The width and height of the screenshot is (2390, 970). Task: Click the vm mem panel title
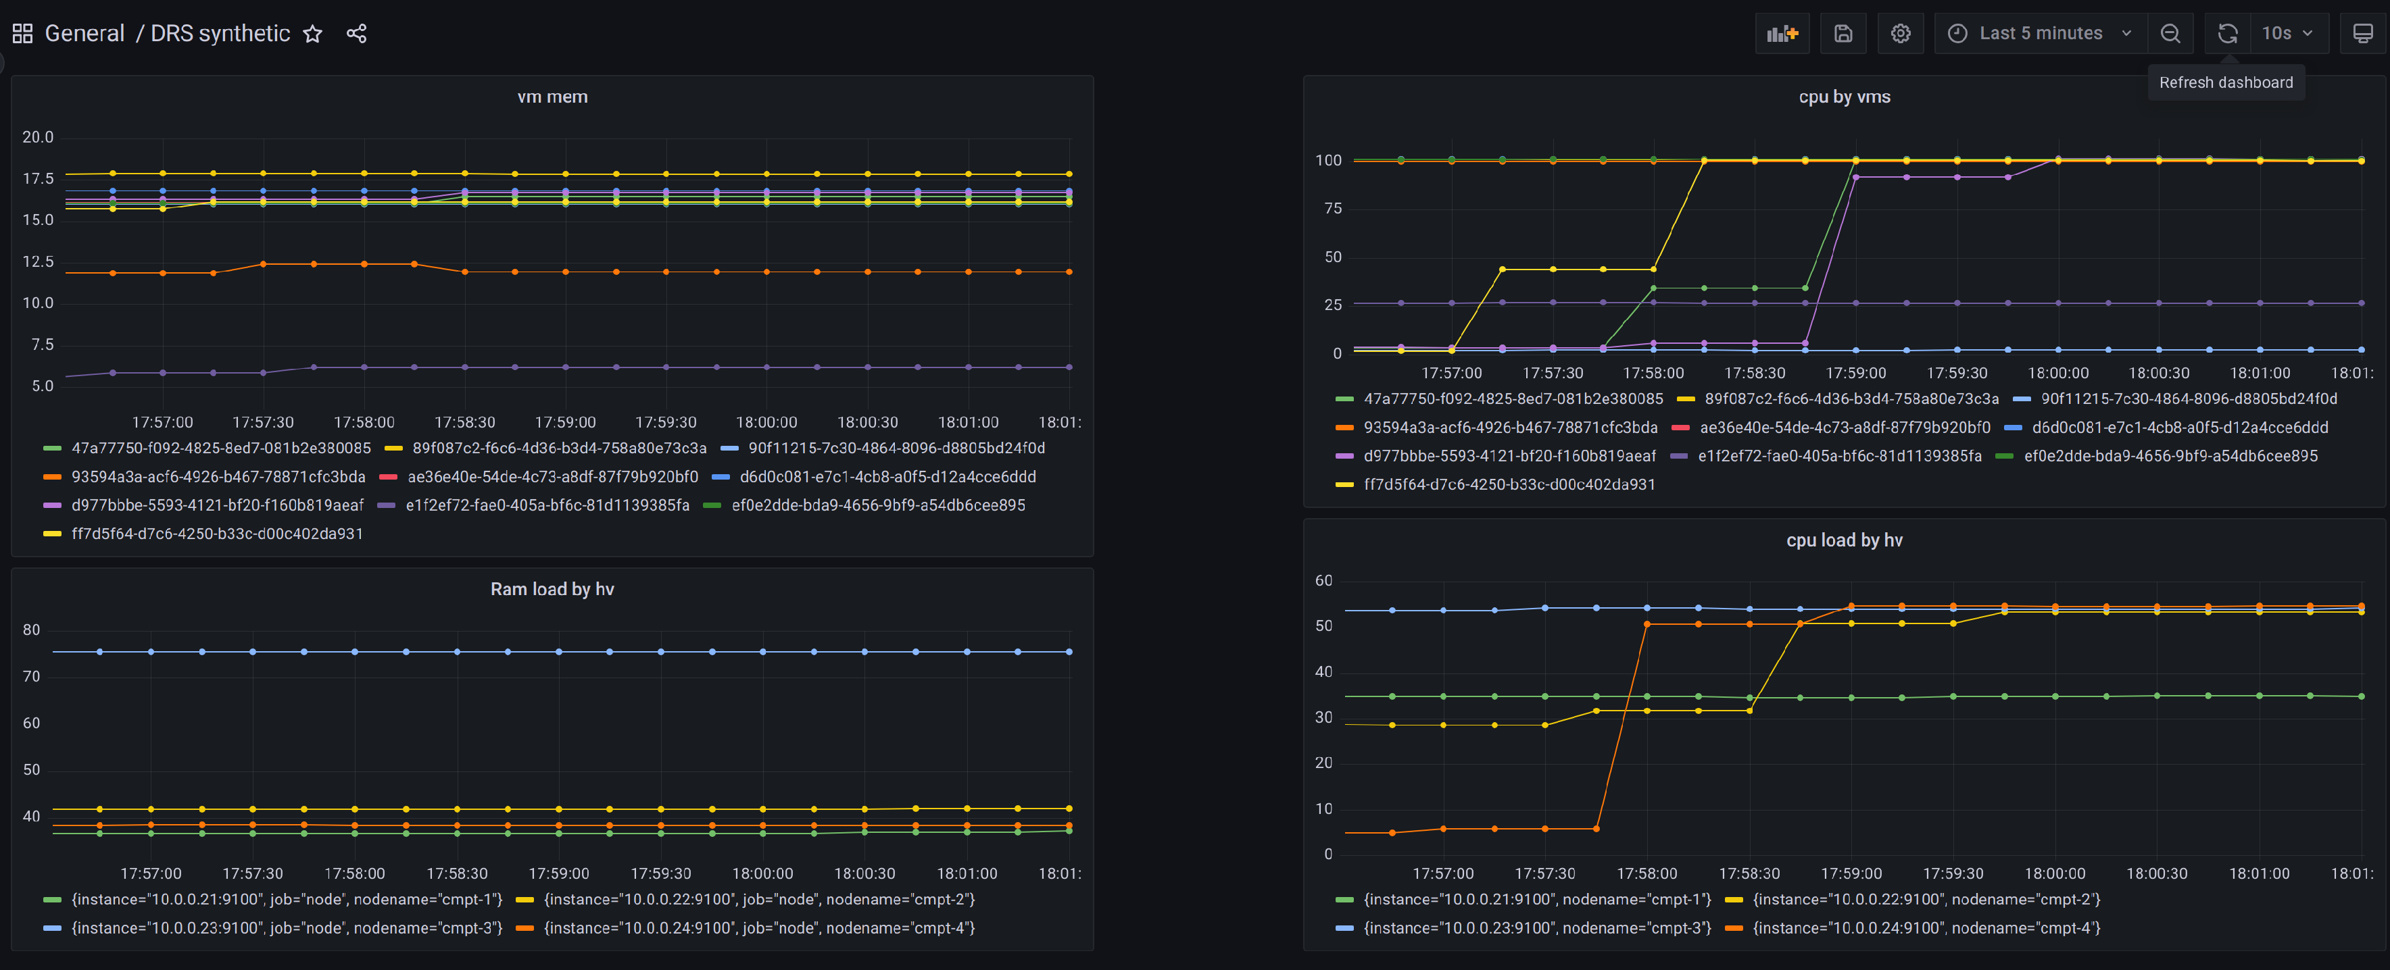point(552,97)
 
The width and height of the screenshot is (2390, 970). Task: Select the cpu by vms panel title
point(1843,97)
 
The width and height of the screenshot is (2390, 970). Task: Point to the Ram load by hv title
point(552,590)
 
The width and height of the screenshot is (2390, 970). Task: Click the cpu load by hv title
point(1843,540)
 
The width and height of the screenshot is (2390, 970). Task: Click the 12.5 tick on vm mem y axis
point(38,261)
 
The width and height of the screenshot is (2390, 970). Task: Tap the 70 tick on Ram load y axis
point(32,677)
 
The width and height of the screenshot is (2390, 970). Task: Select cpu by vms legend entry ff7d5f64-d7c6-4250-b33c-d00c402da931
point(1509,485)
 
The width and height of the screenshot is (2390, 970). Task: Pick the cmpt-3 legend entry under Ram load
point(287,928)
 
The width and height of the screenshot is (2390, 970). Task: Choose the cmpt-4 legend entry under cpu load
point(1925,928)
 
